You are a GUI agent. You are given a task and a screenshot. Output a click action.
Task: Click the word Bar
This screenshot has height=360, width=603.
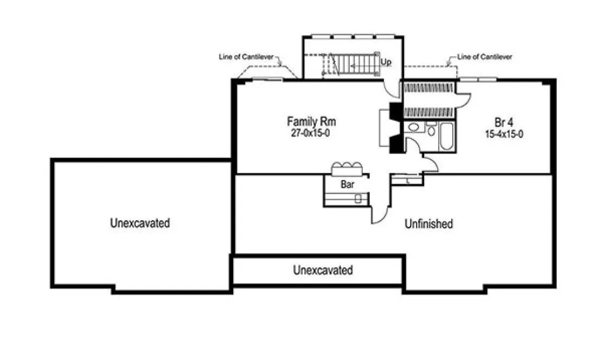(348, 184)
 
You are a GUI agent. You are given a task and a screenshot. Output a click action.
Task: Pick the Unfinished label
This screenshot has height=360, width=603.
(428, 224)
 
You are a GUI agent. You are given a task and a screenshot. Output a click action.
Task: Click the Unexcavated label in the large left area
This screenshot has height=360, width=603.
(140, 223)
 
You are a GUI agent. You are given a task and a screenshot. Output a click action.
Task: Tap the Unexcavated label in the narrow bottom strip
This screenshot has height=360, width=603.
(323, 270)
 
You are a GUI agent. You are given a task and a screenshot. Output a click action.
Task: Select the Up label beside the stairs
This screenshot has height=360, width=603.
(386, 62)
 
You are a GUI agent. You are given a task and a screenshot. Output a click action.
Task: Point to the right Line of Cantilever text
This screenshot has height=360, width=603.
(484, 56)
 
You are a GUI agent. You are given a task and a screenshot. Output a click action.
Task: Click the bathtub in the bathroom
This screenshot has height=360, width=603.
(447, 137)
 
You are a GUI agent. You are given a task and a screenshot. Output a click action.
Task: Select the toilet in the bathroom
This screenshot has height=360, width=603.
(432, 130)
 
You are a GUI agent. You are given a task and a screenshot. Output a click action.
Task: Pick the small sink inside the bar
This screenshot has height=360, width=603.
(358, 198)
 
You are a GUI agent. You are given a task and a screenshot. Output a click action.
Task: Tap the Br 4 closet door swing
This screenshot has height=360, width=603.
(463, 99)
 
